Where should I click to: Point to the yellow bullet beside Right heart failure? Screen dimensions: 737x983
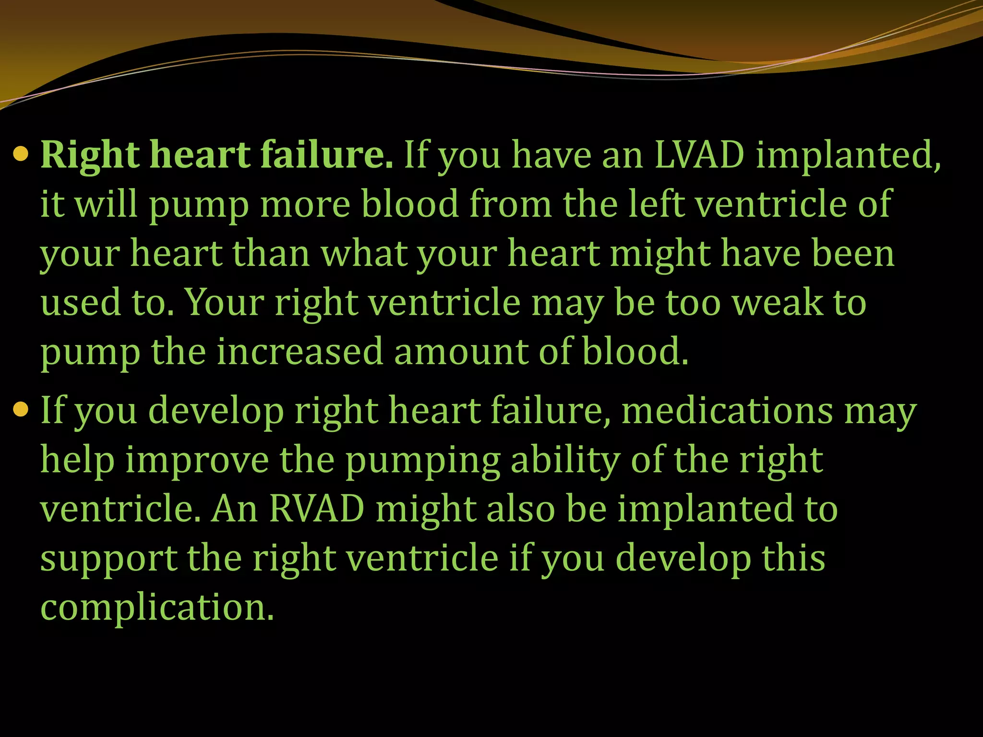click(x=21, y=155)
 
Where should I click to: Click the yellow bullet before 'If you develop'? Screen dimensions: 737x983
click(x=21, y=410)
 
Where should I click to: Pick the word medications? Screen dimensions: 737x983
click(x=727, y=411)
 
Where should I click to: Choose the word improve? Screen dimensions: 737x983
click(x=197, y=461)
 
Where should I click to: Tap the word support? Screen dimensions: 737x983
click(x=108, y=559)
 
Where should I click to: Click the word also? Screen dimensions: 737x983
click(x=521, y=509)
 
